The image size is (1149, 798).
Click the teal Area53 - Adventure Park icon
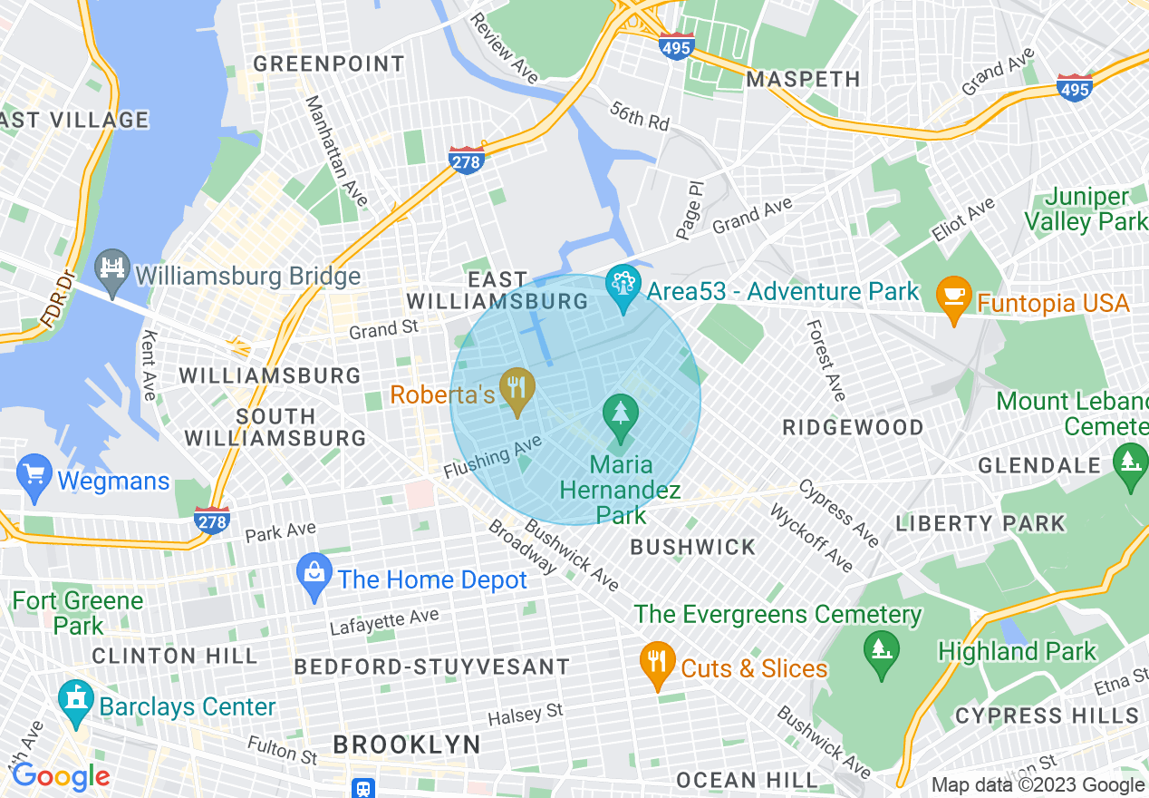click(x=623, y=287)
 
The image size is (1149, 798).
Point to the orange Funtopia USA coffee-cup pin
click(x=953, y=299)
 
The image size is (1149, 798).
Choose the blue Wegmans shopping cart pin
click(x=34, y=477)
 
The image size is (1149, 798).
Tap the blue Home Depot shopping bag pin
click(x=314, y=577)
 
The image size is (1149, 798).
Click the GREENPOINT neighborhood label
click(x=328, y=63)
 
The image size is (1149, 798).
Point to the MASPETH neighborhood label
click(x=803, y=79)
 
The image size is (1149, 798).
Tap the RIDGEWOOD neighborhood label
click(x=853, y=427)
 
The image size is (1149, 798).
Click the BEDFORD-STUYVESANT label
click(x=431, y=667)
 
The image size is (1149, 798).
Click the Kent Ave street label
click(x=149, y=364)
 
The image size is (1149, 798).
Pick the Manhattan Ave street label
click(x=336, y=151)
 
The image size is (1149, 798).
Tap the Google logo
click(x=60, y=776)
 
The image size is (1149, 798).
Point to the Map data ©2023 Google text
click(x=1038, y=785)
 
